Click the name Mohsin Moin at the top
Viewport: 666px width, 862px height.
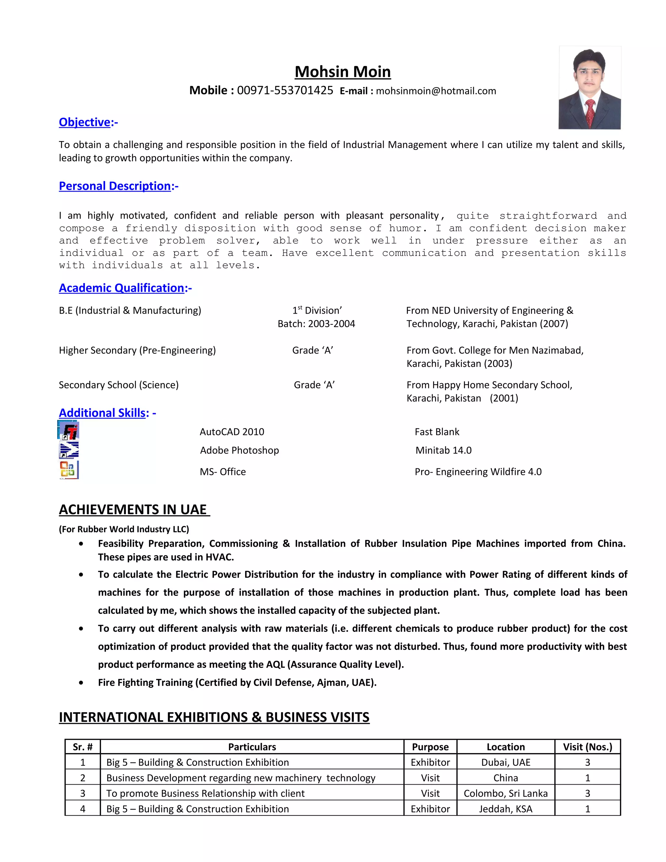(x=342, y=72)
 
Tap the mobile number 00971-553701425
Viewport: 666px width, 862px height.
(x=285, y=90)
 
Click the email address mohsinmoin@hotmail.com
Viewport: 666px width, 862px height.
(x=435, y=91)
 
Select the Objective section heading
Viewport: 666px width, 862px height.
(x=85, y=122)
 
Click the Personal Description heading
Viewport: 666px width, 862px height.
(x=115, y=186)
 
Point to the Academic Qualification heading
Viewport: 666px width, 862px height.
(x=122, y=288)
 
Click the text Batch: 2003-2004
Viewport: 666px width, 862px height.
(x=316, y=324)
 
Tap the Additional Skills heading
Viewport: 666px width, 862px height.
(x=102, y=413)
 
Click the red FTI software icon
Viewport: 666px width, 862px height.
(x=69, y=431)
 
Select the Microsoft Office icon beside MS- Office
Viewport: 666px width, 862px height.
(x=69, y=470)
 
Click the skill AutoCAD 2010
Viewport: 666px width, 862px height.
(x=232, y=432)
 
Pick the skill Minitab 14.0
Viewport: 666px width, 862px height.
(x=443, y=450)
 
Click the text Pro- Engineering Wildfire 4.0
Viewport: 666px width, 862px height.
(x=478, y=472)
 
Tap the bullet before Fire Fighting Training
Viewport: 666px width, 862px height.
(x=81, y=683)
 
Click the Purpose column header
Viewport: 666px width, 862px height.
(x=430, y=747)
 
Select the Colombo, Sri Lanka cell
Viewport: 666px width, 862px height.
(x=505, y=793)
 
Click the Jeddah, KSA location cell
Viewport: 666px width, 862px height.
(x=505, y=809)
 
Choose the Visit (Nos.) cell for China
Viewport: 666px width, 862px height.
(x=587, y=778)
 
